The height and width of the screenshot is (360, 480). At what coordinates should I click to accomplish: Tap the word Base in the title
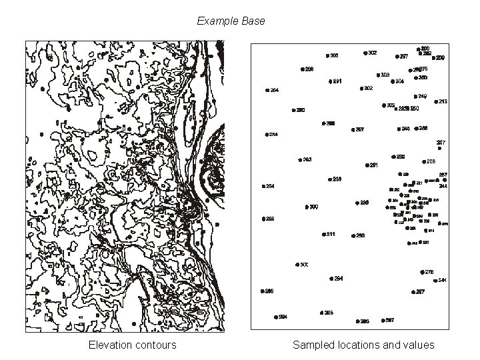coord(255,21)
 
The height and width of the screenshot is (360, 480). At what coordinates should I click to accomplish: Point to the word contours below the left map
coord(156,345)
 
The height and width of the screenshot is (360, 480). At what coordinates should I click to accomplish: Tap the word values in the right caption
coord(419,345)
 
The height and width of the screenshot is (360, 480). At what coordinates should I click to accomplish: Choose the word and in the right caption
coord(392,345)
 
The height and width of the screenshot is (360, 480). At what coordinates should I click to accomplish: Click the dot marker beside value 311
coord(323,235)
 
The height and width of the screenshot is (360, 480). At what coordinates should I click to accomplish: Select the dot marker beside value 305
coord(327,55)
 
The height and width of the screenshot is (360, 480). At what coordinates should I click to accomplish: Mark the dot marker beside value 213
coord(435,102)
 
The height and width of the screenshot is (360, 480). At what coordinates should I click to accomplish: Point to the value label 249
coord(423,97)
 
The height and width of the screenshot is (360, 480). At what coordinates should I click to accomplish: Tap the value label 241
coord(443,280)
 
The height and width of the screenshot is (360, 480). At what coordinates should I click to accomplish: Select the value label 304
coord(399,82)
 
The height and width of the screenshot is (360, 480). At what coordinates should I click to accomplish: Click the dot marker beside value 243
coord(299,160)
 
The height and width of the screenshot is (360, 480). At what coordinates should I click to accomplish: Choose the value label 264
coord(274,90)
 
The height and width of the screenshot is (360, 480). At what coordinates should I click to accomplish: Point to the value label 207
coord(441,142)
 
